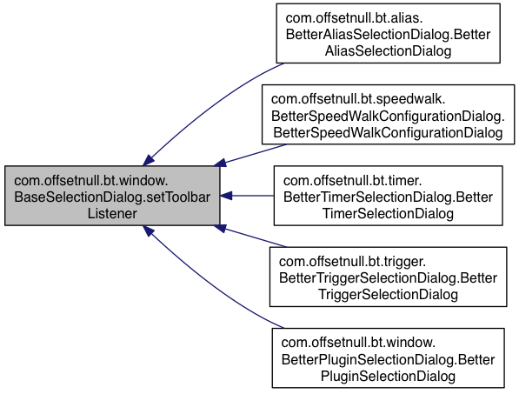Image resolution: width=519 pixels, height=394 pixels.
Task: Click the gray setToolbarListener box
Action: [x=112, y=196]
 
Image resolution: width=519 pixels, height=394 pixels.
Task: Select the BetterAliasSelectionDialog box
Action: [x=388, y=33]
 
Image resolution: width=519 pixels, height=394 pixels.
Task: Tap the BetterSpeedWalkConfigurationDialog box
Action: [x=388, y=115]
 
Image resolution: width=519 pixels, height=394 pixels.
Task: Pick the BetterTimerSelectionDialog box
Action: [x=388, y=196]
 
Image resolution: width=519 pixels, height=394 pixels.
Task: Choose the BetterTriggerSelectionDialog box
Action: [x=388, y=277]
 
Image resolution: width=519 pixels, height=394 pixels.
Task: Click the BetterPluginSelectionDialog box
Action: [x=388, y=358]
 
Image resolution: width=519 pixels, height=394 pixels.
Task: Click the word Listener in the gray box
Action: [x=112, y=214]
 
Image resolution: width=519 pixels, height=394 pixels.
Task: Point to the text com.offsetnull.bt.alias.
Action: [x=354, y=18]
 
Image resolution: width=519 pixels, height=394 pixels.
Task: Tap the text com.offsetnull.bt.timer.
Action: [x=352, y=181]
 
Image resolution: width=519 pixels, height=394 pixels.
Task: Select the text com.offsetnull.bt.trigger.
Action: [x=352, y=262]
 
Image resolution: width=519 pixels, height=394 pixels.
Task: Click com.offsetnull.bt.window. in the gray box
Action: [x=91, y=181]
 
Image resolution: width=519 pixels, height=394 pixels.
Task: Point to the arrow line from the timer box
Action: [x=247, y=196]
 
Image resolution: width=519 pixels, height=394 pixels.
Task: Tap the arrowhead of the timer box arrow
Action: [x=226, y=196]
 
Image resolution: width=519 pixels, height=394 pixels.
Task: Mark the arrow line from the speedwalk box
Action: [x=250, y=155]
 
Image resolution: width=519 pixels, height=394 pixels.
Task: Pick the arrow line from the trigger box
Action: [x=250, y=237]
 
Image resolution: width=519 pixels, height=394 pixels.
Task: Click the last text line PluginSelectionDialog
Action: [x=388, y=376]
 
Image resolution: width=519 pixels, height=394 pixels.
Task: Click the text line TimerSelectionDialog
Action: [x=388, y=214]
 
